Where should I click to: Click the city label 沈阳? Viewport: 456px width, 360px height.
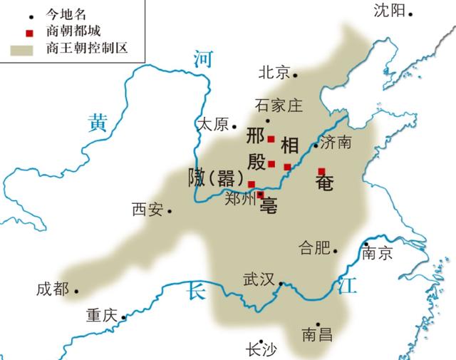point(389,11)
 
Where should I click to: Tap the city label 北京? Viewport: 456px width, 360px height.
point(274,73)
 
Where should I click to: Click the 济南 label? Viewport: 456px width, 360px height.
point(336,142)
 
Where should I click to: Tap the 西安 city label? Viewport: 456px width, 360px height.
point(147,210)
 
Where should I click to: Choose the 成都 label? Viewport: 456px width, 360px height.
point(53,289)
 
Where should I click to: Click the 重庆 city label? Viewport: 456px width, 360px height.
point(102,314)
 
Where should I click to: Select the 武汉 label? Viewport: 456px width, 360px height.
point(259,279)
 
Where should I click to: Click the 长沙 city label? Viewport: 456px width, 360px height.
point(260,349)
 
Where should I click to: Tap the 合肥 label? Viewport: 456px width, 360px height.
point(315,248)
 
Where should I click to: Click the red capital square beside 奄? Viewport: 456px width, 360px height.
point(321,170)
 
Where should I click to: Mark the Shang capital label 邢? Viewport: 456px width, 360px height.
point(256,135)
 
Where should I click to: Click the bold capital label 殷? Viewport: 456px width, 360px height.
point(256,161)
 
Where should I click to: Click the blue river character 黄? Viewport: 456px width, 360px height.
point(98,123)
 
